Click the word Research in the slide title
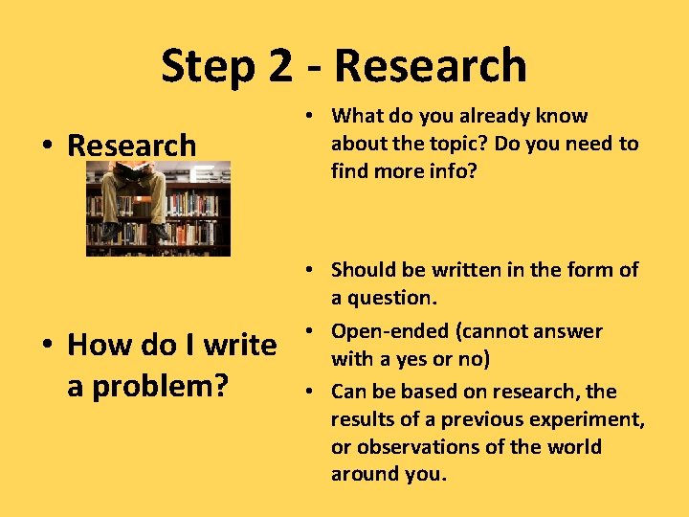(431, 67)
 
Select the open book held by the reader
(133, 173)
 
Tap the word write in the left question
(238, 344)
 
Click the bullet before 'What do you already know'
(314, 117)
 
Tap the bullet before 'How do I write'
(48, 345)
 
